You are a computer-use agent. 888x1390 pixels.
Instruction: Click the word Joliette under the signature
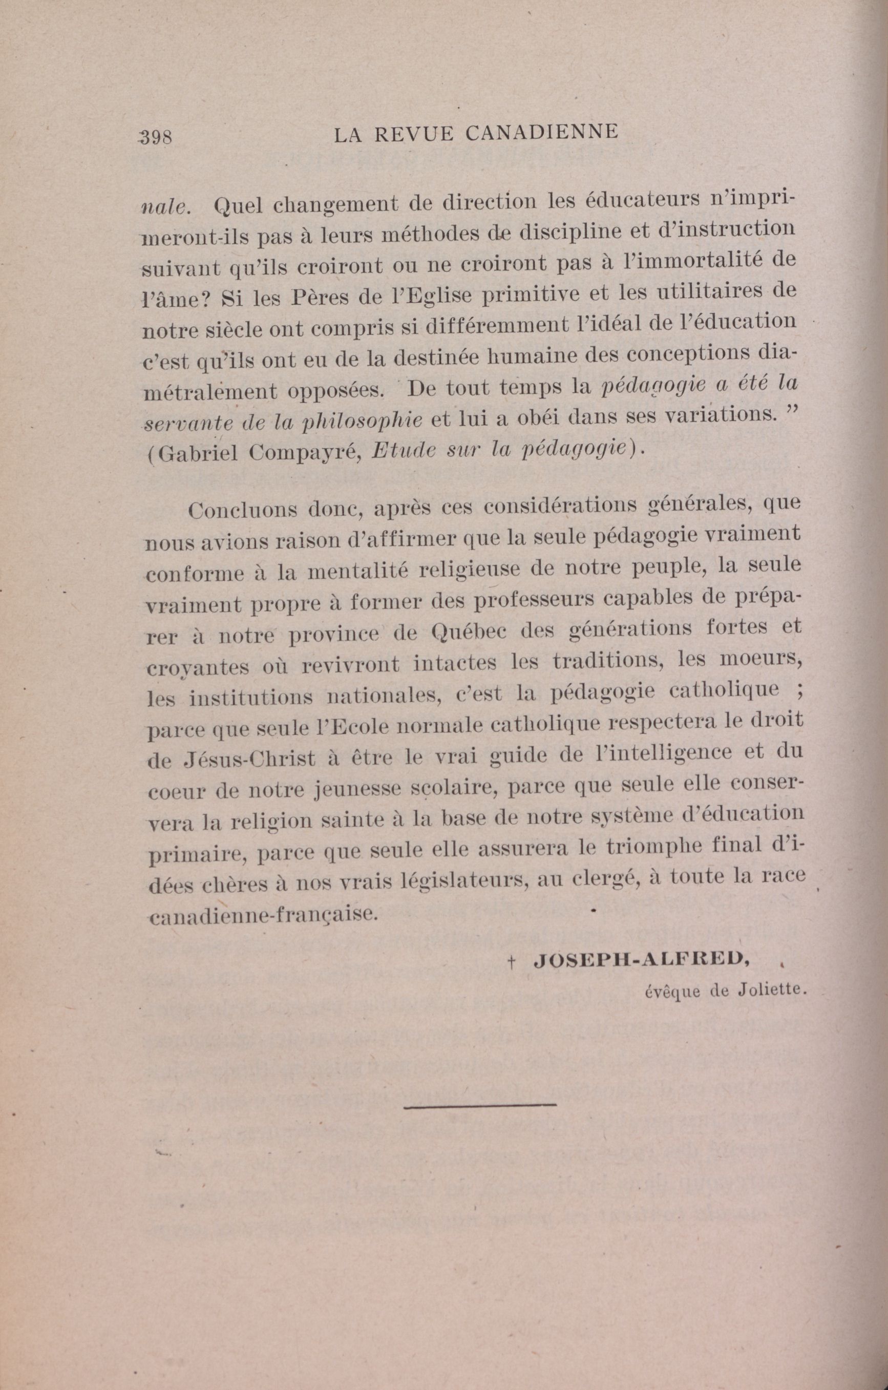770,991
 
